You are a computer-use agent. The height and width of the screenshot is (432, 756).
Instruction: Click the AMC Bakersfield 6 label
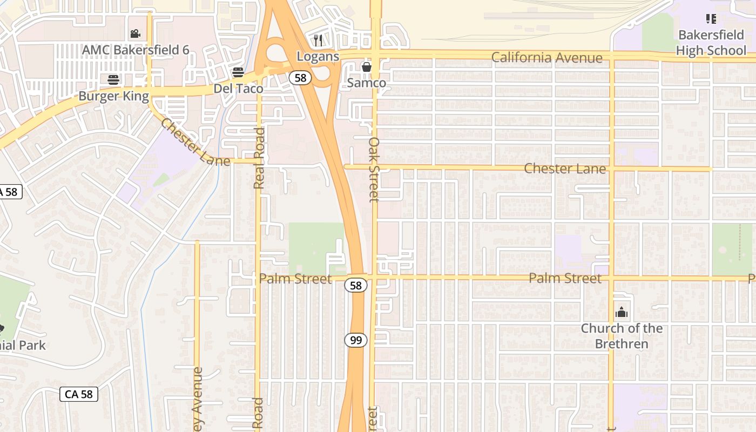pyautogui.click(x=136, y=50)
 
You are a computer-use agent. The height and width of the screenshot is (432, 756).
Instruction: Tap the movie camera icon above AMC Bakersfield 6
pyautogui.click(x=135, y=33)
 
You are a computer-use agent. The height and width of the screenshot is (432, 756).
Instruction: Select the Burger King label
pyautogui.click(x=113, y=96)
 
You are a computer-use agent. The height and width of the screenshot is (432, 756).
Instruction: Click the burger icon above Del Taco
pyautogui.click(x=238, y=72)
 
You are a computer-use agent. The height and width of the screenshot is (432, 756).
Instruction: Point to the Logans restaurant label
pyautogui.click(x=318, y=56)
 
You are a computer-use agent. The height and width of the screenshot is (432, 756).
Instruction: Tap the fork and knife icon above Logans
pyautogui.click(x=318, y=40)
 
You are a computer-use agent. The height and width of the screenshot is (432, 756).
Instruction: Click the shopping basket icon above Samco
pyautogui.click(x=367, y=67)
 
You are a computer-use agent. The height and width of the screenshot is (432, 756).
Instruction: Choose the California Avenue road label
pyautogui.click(x=546, y=58)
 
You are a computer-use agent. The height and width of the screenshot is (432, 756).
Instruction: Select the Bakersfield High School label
pyautogui.click(x=711, y=43)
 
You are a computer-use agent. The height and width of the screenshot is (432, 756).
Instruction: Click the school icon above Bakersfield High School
pyautogui.click(x=711, y=19)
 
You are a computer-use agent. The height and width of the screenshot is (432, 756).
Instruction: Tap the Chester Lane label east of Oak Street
pyautogui.click(x=565, y=168)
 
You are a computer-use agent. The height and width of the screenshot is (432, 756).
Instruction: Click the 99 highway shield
pyautogui.click(x=356, y=340)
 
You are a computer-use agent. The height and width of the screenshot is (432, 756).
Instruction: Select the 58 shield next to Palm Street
pyautogui.click(x=356, y=285)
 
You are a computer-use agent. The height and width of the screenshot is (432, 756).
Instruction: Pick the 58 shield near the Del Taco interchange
pyautogui.click(x=300, y=78)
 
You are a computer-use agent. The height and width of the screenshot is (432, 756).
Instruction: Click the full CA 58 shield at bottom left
pyautogui.click(x=79, y=394)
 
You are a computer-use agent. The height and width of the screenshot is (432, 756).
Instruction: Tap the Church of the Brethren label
pyautogui.click(x=622, y=336)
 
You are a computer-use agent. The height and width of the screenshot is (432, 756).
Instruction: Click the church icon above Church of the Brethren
pyautogui.click(x=622, y=313)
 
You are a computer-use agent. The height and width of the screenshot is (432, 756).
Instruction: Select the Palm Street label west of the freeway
pyautogui.click(x=295, y=279)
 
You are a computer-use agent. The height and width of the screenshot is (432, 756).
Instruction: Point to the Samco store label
pyautogui.click(x=367, y=83)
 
